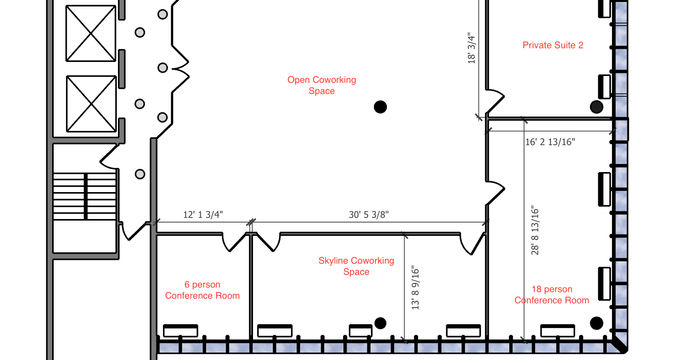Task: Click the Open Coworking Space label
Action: click(321, 85)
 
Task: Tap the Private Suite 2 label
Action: click(553, 45)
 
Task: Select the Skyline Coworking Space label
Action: click(356, 266)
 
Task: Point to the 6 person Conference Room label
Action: click(202, 290)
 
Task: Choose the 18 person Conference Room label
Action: click(552, 295)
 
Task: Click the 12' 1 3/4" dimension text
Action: click(203, 215)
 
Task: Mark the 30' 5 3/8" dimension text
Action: click(369, 215)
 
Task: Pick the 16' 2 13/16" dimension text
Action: click(550, 142)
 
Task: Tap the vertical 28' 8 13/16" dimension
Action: click(535, 230)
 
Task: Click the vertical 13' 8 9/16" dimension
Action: click(416, 288)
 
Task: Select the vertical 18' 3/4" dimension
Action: click(472, 48)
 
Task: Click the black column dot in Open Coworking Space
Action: click(380, 107)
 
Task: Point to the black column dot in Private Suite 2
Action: click(596, 107)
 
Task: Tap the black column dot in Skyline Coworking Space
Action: click(380, 323)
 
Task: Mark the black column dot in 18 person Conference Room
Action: click(596, 323)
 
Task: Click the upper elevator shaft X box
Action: click(91, 33)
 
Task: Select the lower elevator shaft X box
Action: click(91, 104)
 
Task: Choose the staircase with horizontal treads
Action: click(85, 196)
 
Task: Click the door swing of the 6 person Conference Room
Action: click(234, 242)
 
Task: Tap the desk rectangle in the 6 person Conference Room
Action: click(180, 331)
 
